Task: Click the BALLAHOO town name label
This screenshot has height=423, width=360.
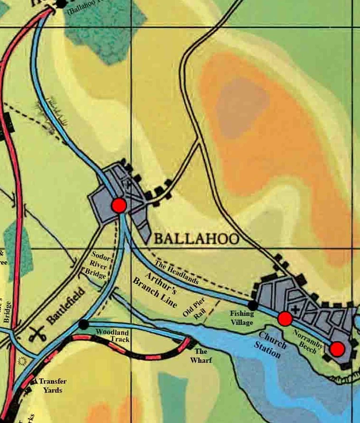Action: (195, 239)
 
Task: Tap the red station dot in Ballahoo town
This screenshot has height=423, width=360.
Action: (119, 206)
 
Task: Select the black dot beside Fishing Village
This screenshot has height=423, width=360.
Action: (253, 305)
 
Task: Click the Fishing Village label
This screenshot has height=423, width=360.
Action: (242, 318)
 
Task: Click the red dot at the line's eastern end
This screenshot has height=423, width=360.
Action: (337, 349)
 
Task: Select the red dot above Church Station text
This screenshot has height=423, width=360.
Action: (285, 319)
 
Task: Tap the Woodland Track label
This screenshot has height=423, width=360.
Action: (112, 336)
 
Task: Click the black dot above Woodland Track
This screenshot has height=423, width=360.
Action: (83, 324)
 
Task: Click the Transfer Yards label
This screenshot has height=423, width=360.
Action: (53, 386)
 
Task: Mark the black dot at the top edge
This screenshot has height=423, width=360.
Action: (61, 3)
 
